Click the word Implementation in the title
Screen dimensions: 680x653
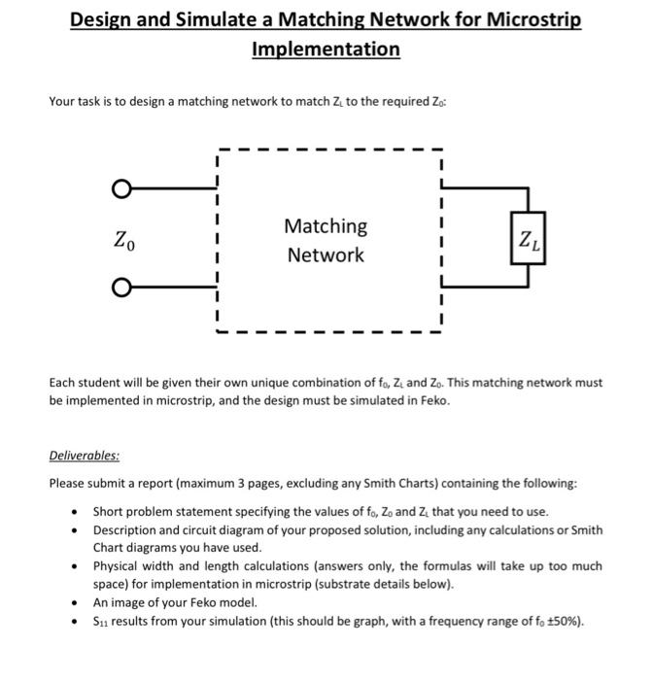326,49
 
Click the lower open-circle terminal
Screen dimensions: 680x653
120,287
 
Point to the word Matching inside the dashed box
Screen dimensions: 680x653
326,226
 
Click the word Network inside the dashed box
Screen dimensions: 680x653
326,255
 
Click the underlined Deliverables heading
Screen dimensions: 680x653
85,456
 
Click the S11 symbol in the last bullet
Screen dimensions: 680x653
102,621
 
